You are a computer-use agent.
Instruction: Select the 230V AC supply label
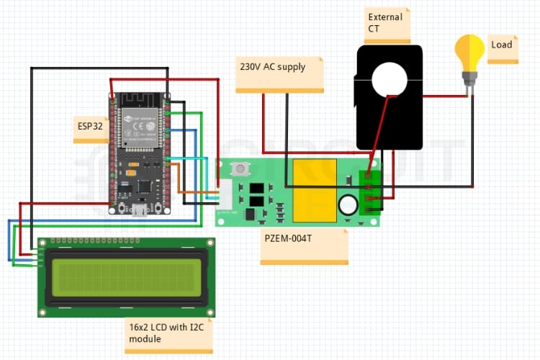point(272,67)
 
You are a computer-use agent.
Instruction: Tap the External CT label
point(385,22)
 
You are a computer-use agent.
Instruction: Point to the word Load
point(501,45)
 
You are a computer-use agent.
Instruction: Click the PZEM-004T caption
point(288,238)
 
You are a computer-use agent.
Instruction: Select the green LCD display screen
point(125,277)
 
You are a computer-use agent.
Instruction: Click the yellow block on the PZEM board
point(312,190)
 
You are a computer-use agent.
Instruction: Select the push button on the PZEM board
point(238,171)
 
